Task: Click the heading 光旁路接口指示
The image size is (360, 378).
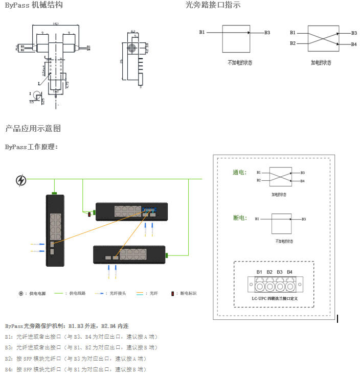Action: click(213, 5)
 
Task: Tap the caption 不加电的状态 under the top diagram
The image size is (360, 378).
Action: click(240, 63)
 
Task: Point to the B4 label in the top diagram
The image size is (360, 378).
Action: click(354, 44)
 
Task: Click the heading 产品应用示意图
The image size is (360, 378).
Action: click(33, 128)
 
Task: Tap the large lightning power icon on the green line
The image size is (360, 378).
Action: click(21, 180)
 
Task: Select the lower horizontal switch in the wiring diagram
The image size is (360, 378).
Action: click(129, 254)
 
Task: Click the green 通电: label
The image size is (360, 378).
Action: click(240, 173)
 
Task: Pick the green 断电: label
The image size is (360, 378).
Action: click(240, 218)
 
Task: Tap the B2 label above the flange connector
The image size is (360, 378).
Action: click(269, 272)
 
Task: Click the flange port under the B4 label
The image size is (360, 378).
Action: click(290, 284)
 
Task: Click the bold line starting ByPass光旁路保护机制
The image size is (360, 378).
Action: click(66, 326)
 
